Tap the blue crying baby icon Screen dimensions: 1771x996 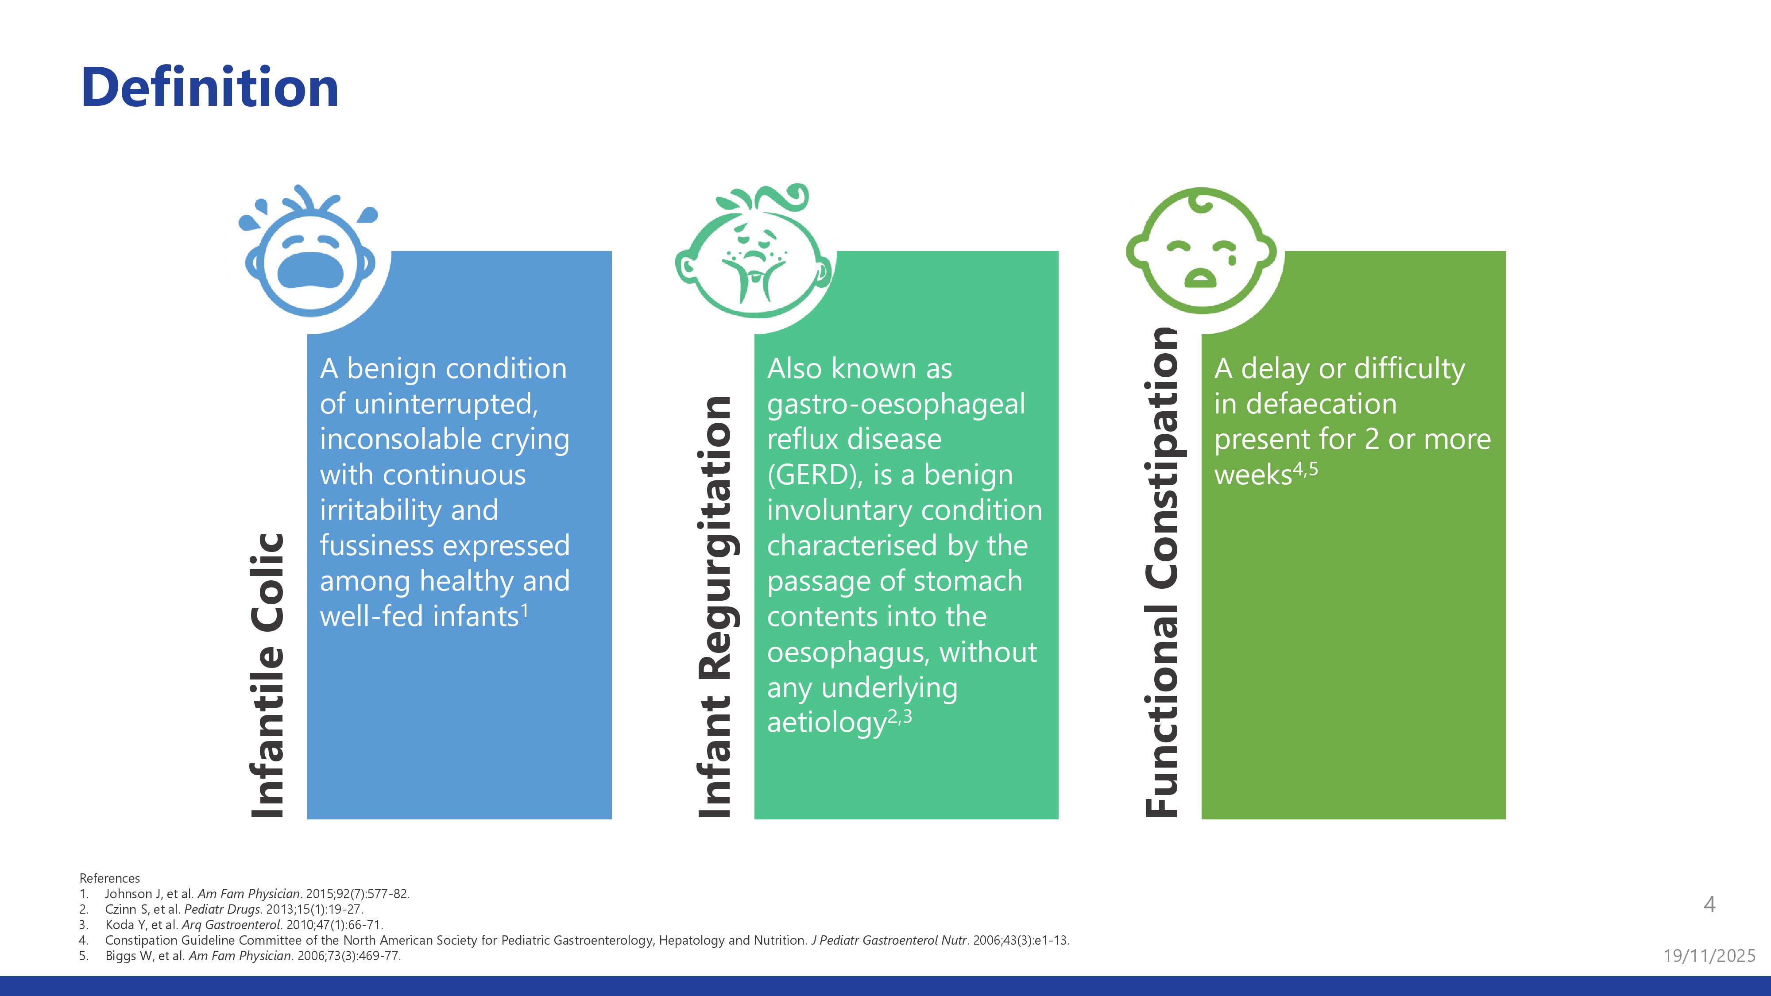pyautogui.click(x=309, y=251)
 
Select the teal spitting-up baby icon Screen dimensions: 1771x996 pyautogui.click(x=754, y=251)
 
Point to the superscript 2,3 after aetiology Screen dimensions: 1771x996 pyautogui.click(x=900, y=717)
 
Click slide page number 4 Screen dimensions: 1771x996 pyautogui.click(x=1710, y=904)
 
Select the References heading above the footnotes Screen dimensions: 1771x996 pyautogui.click(x=110, y=878)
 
